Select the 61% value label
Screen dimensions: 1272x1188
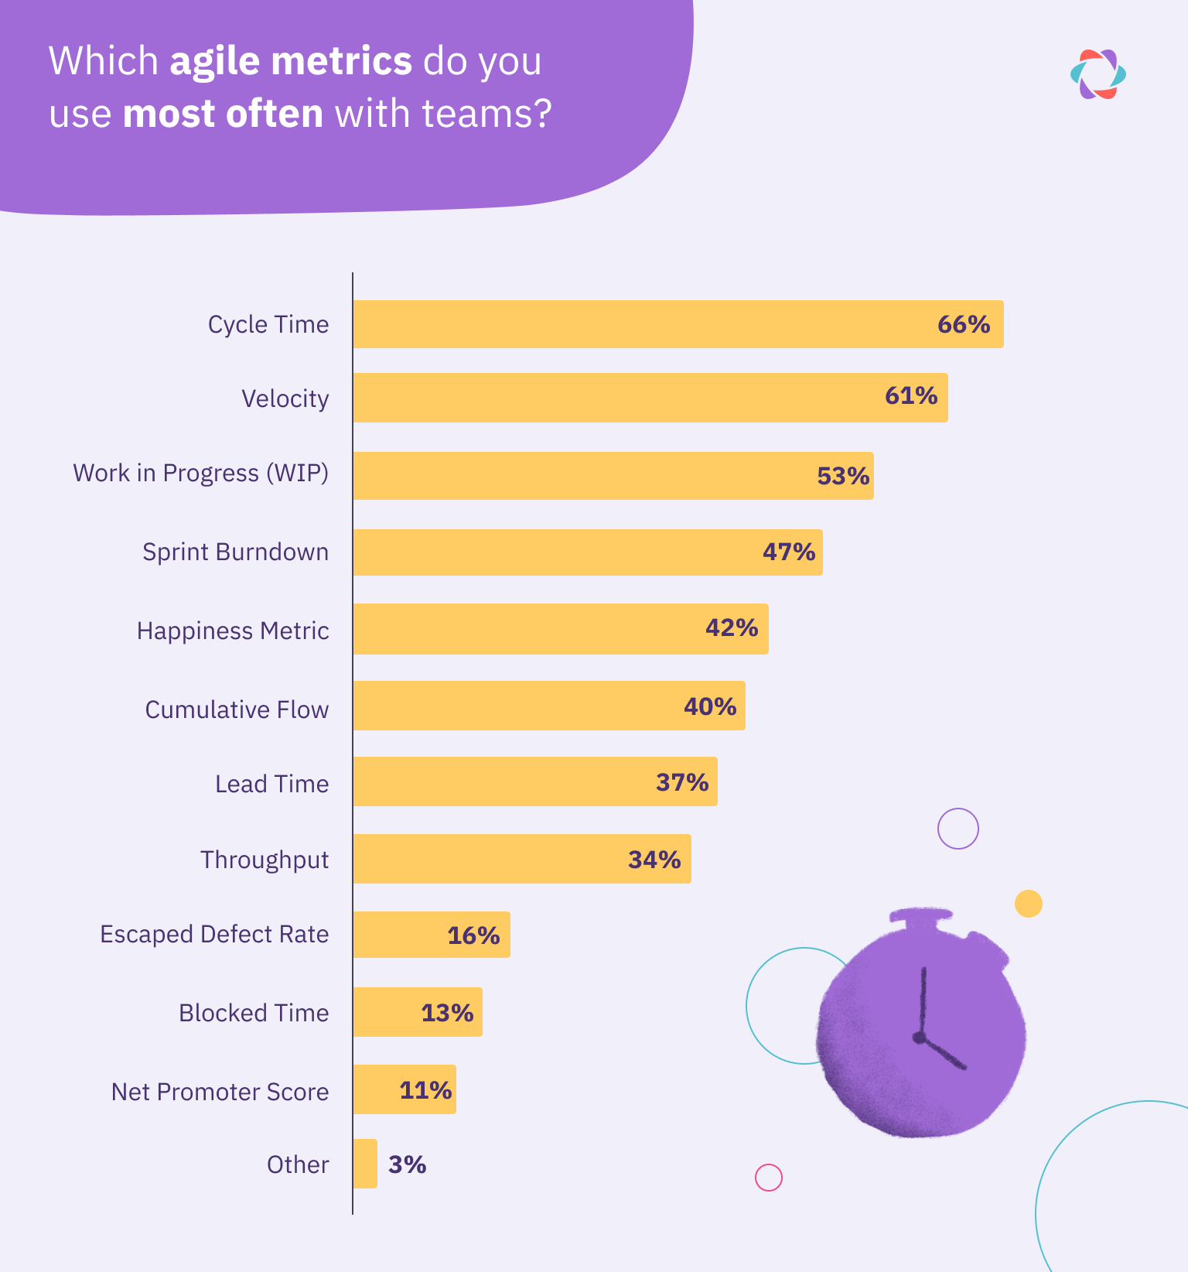[x=911, y=396]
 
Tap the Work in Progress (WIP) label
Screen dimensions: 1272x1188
[x=201, y=473]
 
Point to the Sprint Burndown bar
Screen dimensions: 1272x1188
[x=557, y=552]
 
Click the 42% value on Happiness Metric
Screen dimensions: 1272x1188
[x=731, y=627]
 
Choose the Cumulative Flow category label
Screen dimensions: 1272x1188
[x=237, y=710]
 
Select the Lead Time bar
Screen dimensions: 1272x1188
[x=503, y=781]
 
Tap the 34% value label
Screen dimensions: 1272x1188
[x=654, y=860]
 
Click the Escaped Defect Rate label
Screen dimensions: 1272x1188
[x=214, y=934]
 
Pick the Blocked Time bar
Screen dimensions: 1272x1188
[x=387, y=1012]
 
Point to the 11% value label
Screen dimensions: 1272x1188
[x=425, y=1090]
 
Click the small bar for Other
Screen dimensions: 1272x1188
[x=365, y=1164]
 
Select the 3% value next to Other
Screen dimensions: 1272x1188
[x=407, y=1164]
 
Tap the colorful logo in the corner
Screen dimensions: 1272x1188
[x=1098, y=74]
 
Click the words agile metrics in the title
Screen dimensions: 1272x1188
[x=291, y=61]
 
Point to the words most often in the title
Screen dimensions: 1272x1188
[x=223, y=114]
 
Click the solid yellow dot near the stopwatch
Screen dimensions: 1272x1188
[x=1029, y=904]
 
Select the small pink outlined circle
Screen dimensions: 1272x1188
[x=769, y=1178]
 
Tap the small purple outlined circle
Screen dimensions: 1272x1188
[x=958, y=829]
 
